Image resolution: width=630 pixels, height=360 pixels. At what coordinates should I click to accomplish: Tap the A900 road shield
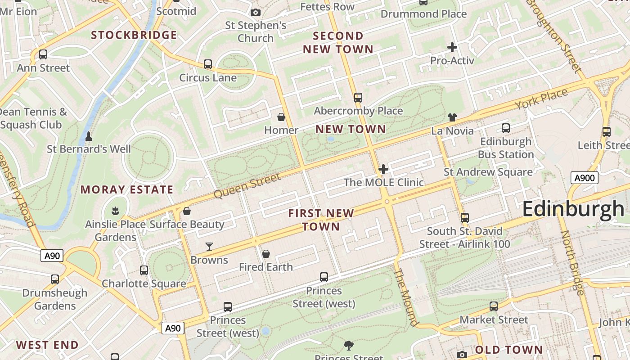pos(585,178)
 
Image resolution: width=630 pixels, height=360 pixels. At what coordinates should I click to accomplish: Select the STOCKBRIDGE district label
pos(134,35)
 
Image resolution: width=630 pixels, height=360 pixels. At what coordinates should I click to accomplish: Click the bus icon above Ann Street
pos(43,54)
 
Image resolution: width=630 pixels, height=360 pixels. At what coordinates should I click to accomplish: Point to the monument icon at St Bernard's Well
pos(89,135)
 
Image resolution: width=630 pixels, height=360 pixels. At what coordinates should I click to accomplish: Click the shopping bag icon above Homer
pos(281,117)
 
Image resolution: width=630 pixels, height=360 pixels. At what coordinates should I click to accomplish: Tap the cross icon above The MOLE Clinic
pos(383,169)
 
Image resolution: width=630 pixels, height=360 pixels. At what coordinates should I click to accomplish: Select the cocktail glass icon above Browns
pos(209,246)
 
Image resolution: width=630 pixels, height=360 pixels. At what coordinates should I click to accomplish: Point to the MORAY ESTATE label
pos(127,190)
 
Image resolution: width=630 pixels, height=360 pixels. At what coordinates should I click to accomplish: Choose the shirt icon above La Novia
pos(452,117)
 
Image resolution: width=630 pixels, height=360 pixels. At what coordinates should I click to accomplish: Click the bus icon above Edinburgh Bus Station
pos(506,128)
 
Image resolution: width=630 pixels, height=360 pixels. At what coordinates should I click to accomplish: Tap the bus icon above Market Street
pos(494,306)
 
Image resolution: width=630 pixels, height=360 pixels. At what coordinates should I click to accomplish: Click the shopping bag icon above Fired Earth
pos(266,254)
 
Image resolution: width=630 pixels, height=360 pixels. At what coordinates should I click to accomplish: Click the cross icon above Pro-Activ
pos(452,47)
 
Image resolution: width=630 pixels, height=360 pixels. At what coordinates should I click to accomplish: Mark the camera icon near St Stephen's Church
pos(256,12)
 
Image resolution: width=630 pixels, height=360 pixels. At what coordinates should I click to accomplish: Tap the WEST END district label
pos(47,345)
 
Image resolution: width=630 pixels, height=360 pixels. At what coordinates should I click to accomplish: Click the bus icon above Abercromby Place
pos(358,97)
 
